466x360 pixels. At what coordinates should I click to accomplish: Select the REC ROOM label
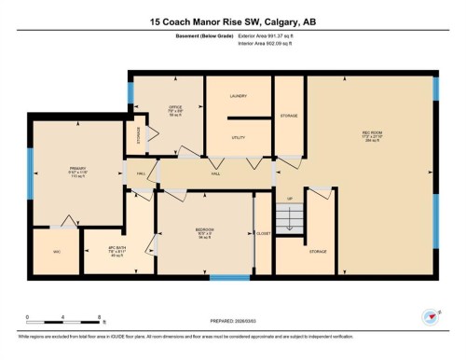tap(372, 133)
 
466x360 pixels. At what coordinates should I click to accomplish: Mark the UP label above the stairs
tap(289, 199)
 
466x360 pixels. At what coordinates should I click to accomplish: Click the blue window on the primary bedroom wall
tap(30, 177)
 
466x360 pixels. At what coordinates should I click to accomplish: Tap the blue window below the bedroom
tap(227, 277)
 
